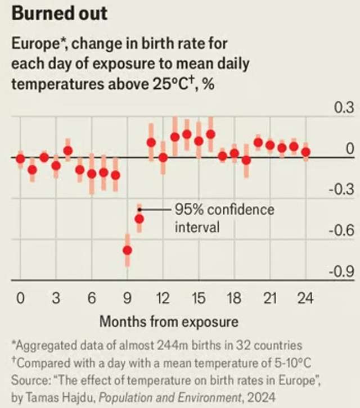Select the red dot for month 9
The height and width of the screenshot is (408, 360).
point(128,250)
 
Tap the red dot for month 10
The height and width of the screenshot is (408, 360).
point(139,219)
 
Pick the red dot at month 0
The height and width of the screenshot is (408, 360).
point(20,158)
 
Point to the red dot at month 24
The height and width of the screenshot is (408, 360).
point(305,152)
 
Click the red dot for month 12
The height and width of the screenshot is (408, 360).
point(163,157)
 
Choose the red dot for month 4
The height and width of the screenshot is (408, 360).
point(68,151)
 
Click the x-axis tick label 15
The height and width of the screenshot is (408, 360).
point(198,298)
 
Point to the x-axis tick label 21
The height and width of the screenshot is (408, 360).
point(270,298)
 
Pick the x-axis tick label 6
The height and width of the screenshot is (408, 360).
point(92,298)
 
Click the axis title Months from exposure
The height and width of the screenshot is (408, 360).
point(169,322)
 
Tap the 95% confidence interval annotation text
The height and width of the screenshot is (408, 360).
point(224,218)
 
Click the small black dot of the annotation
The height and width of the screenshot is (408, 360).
point(139,210)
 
